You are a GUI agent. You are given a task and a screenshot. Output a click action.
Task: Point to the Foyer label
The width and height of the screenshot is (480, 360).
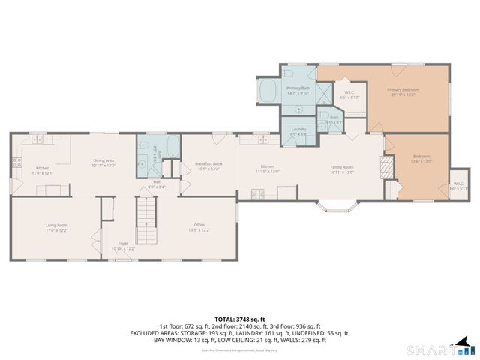[123, 244]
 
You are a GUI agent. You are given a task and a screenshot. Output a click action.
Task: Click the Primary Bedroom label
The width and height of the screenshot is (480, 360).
[403, 91]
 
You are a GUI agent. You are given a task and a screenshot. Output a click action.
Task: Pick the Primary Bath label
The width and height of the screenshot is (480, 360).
[298, 89]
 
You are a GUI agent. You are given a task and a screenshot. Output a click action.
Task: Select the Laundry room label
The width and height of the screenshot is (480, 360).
[298, 130]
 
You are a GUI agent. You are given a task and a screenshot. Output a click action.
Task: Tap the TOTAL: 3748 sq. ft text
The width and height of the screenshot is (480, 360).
[240, 319]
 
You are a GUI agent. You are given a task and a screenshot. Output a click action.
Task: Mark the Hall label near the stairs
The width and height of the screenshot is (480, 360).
[157, 183]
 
